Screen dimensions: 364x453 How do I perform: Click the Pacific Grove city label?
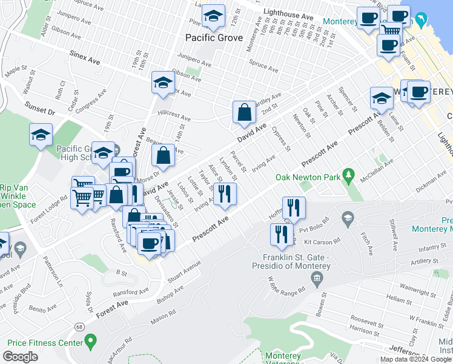[213, 38]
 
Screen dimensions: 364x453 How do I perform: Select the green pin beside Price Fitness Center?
[91, 342]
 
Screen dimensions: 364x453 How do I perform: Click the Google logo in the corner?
[20, 357]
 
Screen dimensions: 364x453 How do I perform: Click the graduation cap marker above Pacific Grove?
[213, 18]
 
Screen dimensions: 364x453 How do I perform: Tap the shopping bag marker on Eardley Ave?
[244, 112]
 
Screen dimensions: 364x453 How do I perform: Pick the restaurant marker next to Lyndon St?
[225, 194]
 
